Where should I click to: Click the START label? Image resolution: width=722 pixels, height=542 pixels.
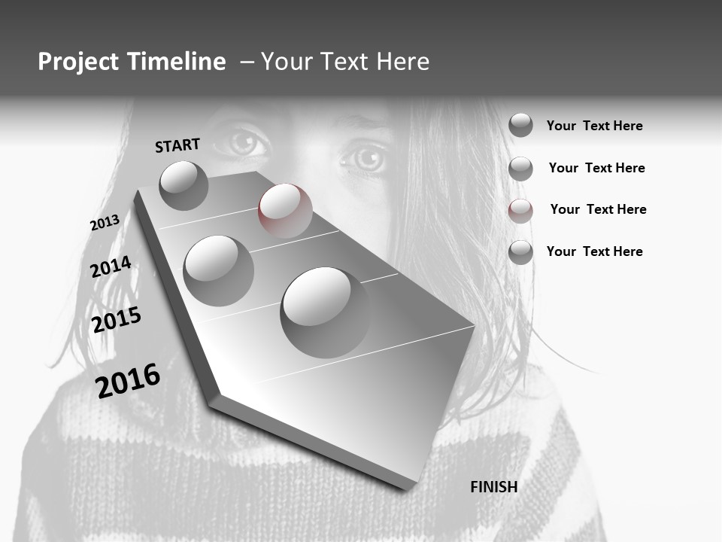point(177,145)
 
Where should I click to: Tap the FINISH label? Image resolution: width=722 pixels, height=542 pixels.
point(494,487)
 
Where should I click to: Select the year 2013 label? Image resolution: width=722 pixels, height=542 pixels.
point(105,223)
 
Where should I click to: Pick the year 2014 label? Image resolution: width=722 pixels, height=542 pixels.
point(111,266)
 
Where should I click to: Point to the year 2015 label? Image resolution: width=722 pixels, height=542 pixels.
point(117,320)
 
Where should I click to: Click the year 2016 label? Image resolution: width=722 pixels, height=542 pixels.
point(128,380)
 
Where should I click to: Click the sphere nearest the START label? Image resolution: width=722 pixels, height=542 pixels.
point(184,185)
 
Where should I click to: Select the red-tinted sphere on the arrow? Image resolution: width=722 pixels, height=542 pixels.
point(285,211)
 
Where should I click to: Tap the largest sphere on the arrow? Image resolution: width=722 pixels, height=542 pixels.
point(325,312)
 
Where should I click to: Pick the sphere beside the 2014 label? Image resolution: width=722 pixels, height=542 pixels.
point(219,270)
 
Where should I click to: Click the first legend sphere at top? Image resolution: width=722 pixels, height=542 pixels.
point(520,126)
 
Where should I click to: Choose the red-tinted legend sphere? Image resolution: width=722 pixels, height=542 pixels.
point(520,210)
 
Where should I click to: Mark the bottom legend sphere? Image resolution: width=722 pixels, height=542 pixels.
point(520,252)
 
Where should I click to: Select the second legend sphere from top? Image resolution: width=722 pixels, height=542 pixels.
point(520,169)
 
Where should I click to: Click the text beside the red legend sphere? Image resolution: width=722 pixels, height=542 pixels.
point(598,209)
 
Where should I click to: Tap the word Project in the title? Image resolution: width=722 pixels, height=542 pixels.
point(79,62)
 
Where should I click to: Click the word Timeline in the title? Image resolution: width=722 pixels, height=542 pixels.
point(177,62)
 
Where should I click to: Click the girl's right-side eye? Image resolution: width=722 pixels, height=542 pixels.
point(366,158)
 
